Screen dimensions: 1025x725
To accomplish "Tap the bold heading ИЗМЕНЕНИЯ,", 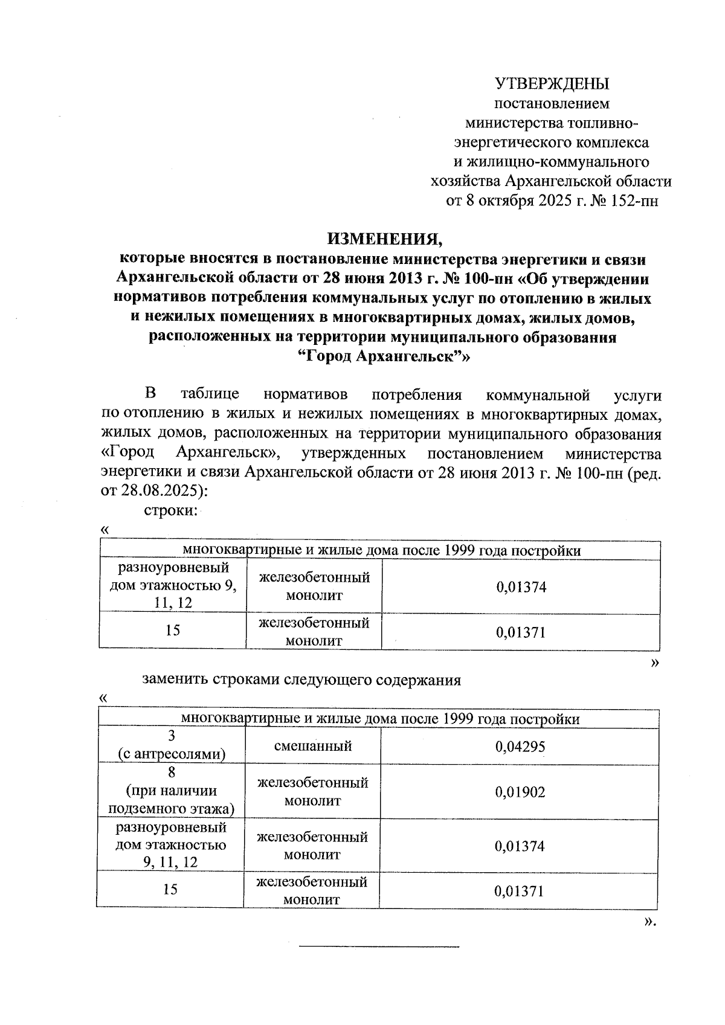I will (385, 239).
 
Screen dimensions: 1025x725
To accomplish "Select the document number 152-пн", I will (634, 201).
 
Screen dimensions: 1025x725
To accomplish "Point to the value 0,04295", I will (520, 747).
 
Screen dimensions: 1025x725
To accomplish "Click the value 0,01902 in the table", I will (520, 792).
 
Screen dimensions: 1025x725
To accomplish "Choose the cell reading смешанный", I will (312, 746).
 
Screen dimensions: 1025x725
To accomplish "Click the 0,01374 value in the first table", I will (521, 586).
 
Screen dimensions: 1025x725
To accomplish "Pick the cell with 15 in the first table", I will (173, 631).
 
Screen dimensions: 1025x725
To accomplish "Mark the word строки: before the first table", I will (171, 510).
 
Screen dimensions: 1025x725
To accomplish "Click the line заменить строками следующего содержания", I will (301, 680).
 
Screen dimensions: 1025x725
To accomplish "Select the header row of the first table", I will (381, 550).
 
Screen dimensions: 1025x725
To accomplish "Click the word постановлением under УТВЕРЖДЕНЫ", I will (552, 103).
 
